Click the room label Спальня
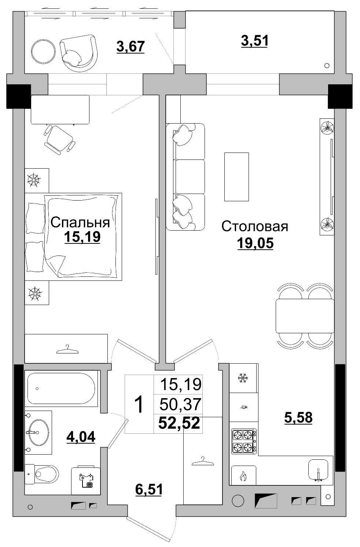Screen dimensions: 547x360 click(80, 223)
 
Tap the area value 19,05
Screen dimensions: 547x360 click(255, 243)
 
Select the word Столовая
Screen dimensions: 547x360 click(254, 226)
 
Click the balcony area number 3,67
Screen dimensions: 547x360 click(131, 47)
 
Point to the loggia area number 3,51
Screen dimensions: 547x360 click(254, 41)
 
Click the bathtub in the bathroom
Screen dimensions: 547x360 click(61, 388)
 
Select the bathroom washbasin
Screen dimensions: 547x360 click(38, 432)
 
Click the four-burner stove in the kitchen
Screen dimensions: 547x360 click(244, 441)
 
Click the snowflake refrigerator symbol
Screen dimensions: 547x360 click(243, 378)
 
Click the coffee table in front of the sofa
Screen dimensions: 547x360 click(236, 177)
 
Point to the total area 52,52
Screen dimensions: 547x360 click(179, 423)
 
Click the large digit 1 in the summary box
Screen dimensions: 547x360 click(139, 404)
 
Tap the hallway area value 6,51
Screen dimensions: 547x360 click(148, 489)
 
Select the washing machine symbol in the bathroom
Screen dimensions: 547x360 click(86, 480)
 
